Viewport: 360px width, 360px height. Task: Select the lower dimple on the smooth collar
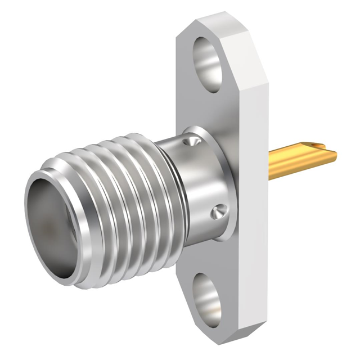coord(218,212)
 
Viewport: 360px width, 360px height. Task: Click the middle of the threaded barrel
coord(112,191)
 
